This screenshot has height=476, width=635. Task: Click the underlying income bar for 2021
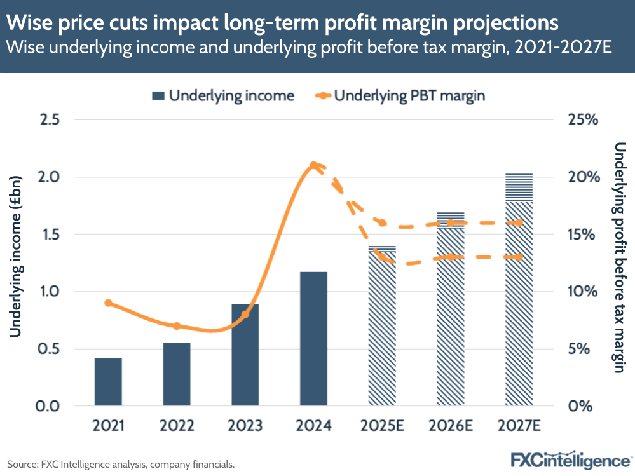pyautogui.click(x=108, y=382)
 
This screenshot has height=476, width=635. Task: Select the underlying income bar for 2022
pyautogui.click(x=177, y=374)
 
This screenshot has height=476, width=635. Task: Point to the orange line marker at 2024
pyautogui.click(x=313, y=165)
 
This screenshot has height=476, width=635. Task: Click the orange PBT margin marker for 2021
pyautogui.click(x=108, y=303)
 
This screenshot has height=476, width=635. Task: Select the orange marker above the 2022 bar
pyautogui.click(x=177, y=326)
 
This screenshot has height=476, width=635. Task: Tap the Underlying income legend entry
pyautogui.click(x=222, y=96)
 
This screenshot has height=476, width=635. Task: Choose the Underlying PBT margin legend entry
pyautogui.click(x=400, y=96)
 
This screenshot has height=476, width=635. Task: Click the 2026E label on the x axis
pyautogui.click(x=450, y=425)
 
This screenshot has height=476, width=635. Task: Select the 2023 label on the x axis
pyautogui.click(x=245, y=425)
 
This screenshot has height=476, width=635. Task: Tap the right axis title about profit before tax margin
pyautogui.click(x=620, y=257)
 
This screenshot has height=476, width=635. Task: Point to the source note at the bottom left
pyautogui.click(x=121, y=465)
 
